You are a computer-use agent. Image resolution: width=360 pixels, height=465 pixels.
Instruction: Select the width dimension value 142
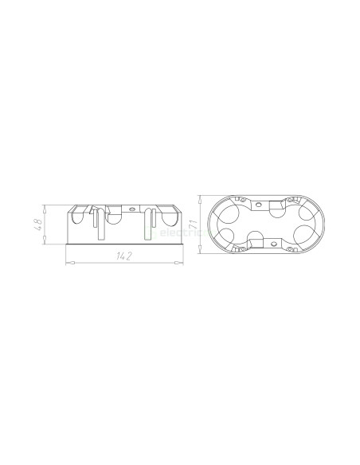(123, 256)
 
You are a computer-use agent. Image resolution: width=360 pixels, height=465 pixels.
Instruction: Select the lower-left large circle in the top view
(227, 236)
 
